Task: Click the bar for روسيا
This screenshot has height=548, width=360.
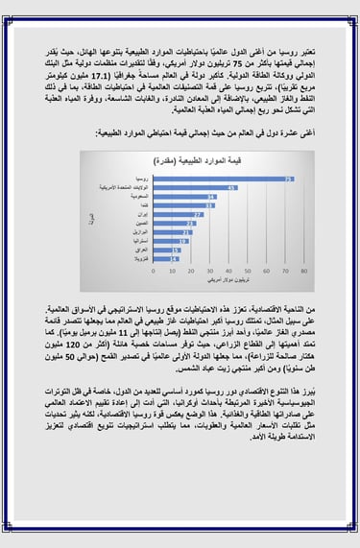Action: (x=230, y=179)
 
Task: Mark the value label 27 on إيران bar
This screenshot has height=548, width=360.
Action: (x=198, y=214)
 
